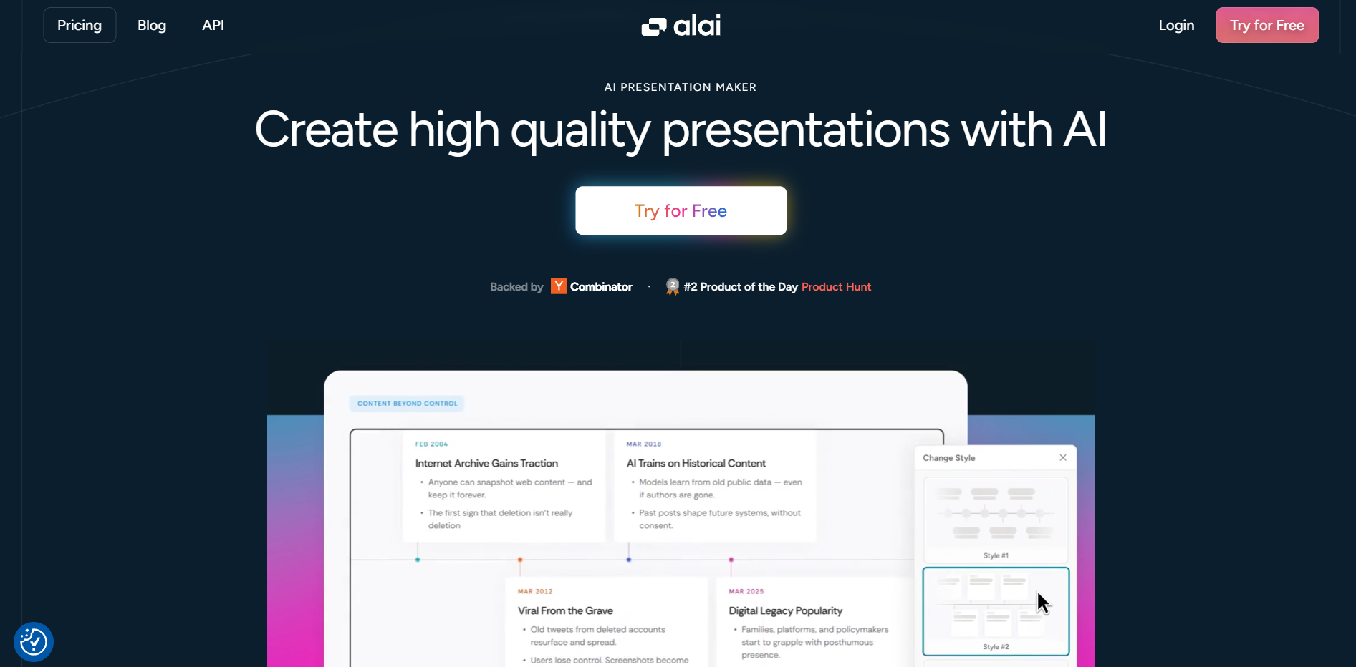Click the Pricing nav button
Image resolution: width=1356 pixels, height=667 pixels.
[x=80, y=25]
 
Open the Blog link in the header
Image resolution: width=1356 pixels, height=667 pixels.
[x=152, y=25]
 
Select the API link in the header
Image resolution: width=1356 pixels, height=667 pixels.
[x=213, y=25]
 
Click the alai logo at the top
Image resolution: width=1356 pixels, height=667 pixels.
[x=681, y=26]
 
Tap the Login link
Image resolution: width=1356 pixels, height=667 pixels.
[x=1176, y=25]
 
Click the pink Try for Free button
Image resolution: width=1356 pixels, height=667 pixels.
[x=1267, y=25]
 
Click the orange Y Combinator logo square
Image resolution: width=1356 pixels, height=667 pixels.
[x=559, y=286]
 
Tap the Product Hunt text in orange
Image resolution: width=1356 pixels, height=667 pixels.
[x=836, y=286]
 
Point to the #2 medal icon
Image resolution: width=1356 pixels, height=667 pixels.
[x=673, y=286]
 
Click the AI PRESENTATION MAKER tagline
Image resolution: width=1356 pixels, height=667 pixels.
[x=681, y=87]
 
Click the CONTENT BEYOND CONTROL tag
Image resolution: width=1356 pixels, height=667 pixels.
[x=407, y=404]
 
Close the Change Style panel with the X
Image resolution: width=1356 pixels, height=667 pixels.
[x=1063, y=458]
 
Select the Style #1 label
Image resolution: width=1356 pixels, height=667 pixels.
[x=996, y=555]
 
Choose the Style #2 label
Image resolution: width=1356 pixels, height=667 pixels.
[x=996, y=647]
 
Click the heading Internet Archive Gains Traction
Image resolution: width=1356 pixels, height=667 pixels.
[x=486, y=464]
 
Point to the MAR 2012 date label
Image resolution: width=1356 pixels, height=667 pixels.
[x=535, y=591]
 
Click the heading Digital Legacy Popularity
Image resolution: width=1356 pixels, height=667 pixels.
[x=785, y=611]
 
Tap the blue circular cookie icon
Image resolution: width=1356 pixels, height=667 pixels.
[x=34, y=642]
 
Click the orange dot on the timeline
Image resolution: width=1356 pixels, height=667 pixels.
[x=520, y=560]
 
